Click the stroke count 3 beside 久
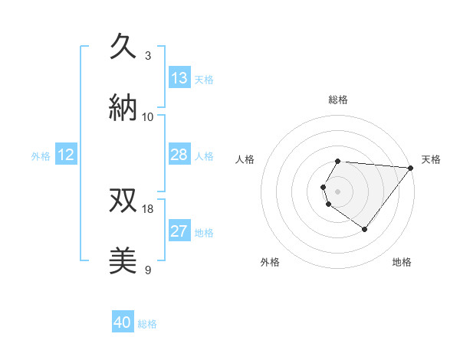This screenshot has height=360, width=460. tap(148, 55)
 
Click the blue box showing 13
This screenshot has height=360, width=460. tap(179, 78)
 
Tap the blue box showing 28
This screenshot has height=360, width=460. tap(179, 155)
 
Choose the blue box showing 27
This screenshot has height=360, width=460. tap(179, 231)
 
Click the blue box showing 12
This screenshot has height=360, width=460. tap(66, 155)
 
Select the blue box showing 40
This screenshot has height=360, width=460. tap(123, 323)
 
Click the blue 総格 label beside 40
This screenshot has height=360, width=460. tap(147, 324)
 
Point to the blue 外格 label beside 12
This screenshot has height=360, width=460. tap(41, 155)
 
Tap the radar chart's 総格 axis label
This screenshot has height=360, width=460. tap(338, 100)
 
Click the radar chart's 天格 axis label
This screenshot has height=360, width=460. tap(431, 159)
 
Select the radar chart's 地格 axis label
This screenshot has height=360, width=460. tap(402, 262)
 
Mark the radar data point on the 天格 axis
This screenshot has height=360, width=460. tap(410, 168)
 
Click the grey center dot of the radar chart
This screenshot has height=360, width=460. tap(338, 191)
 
